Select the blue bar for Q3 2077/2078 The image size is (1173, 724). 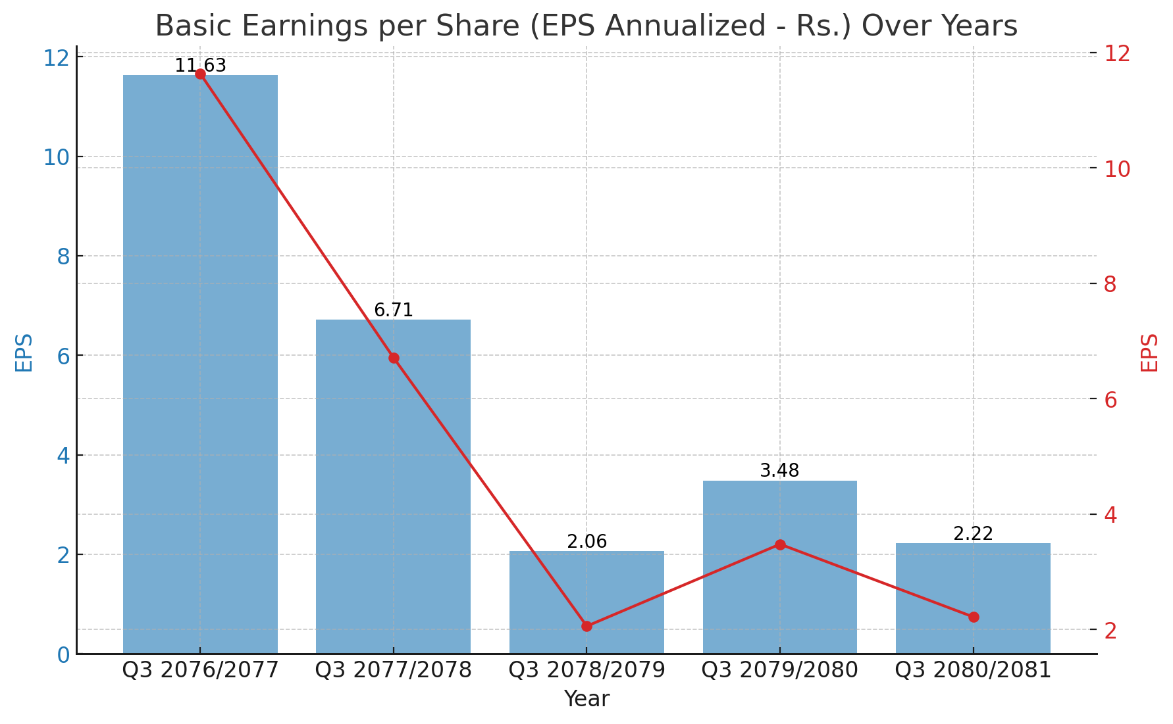click(393, 487)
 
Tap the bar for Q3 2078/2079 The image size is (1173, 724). click(586, 602)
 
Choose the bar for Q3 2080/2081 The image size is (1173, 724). click(973, 598)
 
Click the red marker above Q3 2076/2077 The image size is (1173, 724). click(200, 74)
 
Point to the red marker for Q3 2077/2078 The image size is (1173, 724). click(394, 358)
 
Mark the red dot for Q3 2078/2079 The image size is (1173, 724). click(586, 626)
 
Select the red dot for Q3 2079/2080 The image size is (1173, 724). click(780, 544)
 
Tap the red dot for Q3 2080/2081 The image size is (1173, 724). click(974, 617)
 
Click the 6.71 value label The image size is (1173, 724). click(393, 310)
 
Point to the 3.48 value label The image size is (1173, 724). click(779, 471)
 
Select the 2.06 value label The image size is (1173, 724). click(586, 542)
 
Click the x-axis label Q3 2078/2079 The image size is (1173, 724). click(586, 670)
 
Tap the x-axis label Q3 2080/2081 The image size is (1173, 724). click(973, 670)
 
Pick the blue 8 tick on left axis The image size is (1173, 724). click(63, 256)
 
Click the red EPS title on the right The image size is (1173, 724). click(1149, 353)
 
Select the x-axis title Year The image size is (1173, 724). click(586, 699)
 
